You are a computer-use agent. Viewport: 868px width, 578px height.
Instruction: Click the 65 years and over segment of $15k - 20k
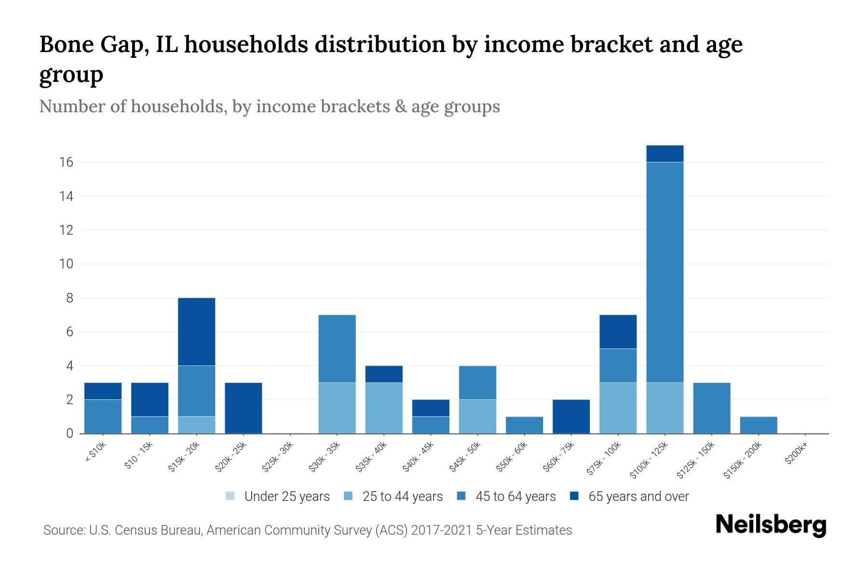(x=196, y=332)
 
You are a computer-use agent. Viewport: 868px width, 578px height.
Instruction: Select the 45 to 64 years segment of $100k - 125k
(x=665, y=272)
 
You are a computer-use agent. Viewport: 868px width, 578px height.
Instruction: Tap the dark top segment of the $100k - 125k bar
(x=665, y=154)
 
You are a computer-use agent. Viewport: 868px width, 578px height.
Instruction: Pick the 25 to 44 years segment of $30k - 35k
(x=337, y=408)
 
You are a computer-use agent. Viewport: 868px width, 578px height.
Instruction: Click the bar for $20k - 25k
(x=243, y=408)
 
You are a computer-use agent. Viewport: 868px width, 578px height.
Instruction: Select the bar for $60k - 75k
(x=571, y=416)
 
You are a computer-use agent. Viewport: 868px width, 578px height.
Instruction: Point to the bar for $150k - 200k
(x=758, y=425)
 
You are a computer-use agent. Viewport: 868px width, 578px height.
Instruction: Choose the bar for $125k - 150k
(x=711, y=408)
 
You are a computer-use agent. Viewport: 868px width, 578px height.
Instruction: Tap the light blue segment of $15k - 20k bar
(x=196, y=425)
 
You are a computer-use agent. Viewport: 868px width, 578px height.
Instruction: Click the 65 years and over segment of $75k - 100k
(x=618, y=332)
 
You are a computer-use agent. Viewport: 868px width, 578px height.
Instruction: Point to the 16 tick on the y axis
(x=67, y=162)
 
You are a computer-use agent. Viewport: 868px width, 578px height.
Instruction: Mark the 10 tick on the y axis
(x=67, y=264)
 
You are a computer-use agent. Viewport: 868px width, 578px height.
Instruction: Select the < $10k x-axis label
(x=96, y=452)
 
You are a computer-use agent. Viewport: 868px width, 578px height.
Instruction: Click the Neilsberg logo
(x=771, y=525)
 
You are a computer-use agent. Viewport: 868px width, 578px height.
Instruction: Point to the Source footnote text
(x=308, y=530)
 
